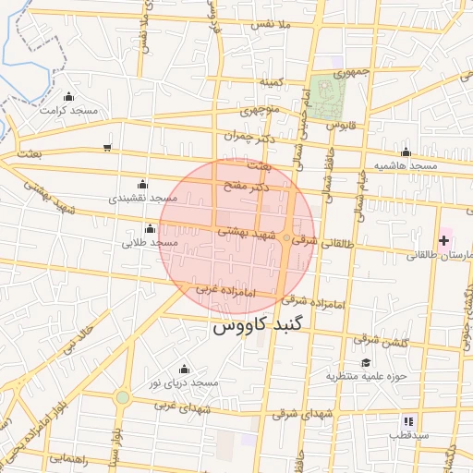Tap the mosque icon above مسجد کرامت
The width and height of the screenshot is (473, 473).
tap(68, 96)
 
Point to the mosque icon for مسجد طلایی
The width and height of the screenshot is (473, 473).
tap(149, 228)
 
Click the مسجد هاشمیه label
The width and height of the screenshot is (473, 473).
tap(405, 165)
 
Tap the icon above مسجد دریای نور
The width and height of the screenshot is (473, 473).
tap(180, 368)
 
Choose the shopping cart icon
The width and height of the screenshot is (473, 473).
tap(107, 148)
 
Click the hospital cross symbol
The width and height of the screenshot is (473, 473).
tap(443, 240)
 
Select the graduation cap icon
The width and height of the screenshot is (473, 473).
tap(366, 362)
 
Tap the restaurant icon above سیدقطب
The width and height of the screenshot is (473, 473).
tap(383, 421)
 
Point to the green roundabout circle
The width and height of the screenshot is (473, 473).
tap(122, 397)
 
